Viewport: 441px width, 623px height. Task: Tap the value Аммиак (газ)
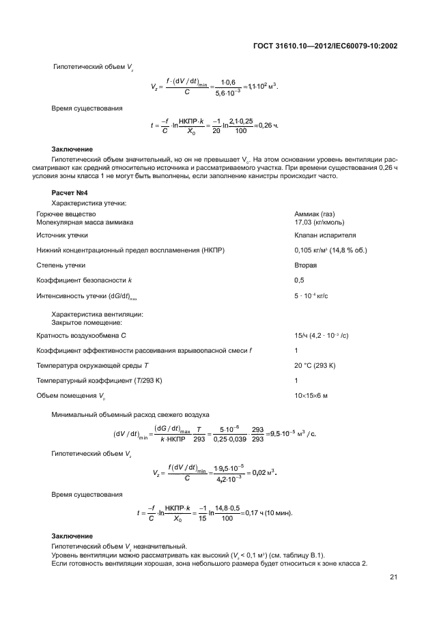315,214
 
